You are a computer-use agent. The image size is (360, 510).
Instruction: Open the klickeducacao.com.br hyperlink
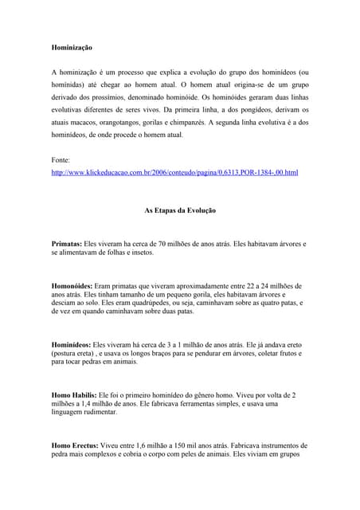coord(174,172)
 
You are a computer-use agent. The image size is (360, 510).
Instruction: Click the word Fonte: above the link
coord(62,160)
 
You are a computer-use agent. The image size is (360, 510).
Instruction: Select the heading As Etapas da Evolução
coord(180,210)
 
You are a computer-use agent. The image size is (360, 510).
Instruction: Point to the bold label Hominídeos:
coord(71,345)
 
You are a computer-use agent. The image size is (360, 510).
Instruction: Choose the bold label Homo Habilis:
coord(73,395)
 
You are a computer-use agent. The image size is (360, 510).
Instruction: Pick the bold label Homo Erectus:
coord(74,446)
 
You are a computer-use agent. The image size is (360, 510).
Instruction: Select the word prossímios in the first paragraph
coord(114,97)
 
